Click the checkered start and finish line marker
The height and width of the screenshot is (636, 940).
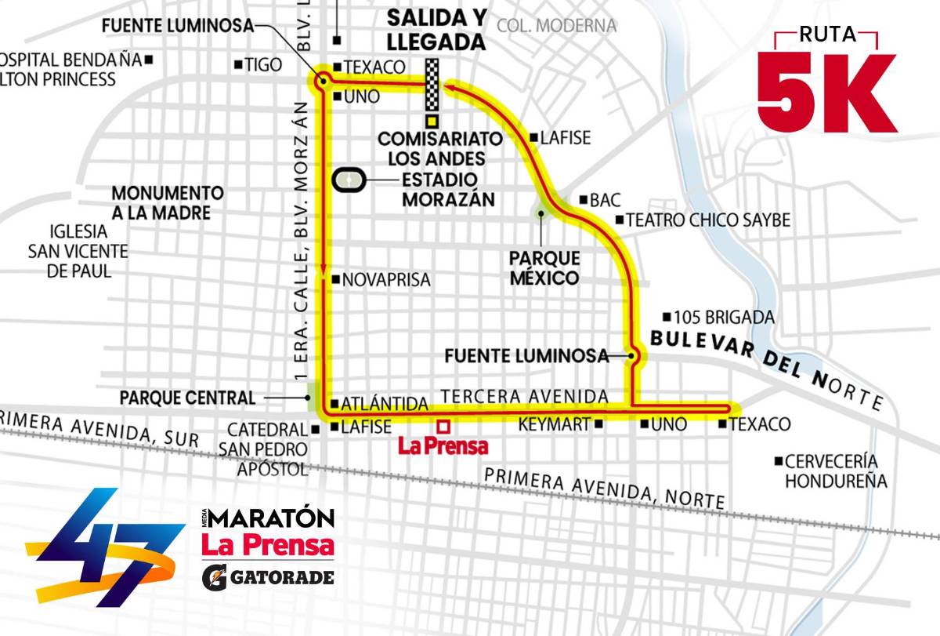432,86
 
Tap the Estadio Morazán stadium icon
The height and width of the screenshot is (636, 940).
349,180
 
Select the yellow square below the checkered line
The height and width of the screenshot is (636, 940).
432,122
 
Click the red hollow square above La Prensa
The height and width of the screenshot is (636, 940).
443,427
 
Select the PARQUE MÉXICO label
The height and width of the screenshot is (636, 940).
544,268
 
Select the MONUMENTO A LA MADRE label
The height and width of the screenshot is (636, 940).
167,202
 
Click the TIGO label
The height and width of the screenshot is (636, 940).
262,65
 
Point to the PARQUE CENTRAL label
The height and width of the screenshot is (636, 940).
187,398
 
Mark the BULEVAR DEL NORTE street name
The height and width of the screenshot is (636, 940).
766,365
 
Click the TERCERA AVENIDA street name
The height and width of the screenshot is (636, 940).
525,396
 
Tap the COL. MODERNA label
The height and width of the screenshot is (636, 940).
556,26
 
